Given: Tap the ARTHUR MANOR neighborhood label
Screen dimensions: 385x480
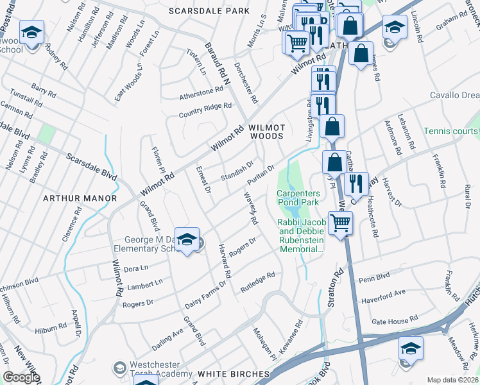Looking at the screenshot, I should point(80,198).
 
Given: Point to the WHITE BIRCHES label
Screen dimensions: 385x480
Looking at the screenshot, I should point(233,373).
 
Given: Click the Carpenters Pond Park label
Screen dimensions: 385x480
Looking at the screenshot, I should point(298,198).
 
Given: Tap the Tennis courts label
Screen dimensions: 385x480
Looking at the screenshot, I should point(450,131).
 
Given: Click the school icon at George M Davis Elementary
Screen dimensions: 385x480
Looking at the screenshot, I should point(187,240).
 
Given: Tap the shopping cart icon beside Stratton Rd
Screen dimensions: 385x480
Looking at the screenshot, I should point(341,223).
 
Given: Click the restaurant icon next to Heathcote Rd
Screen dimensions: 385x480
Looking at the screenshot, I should point(355,184).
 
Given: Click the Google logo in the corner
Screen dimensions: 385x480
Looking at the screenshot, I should point(21,377).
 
